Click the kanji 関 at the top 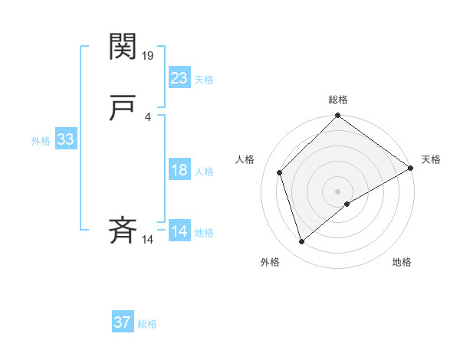[123, 47]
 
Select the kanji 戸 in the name [123, 110]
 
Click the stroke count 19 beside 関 [149, 56]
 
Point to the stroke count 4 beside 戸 [147, 117]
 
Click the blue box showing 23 [179, 77]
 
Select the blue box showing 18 [179, 170]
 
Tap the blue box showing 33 [65, 139]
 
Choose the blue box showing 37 [123, 322]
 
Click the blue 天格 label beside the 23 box [204, 80]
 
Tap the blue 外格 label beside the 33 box [41, 141]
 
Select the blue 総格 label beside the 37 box [147, 324]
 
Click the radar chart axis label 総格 [338, 100]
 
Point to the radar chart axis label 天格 [431, 159]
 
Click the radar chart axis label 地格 [402, 263]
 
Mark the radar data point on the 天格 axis [411, 169]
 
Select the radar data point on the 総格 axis [338, 116]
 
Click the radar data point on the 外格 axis [302, 242]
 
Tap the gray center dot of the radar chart [338, 191]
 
